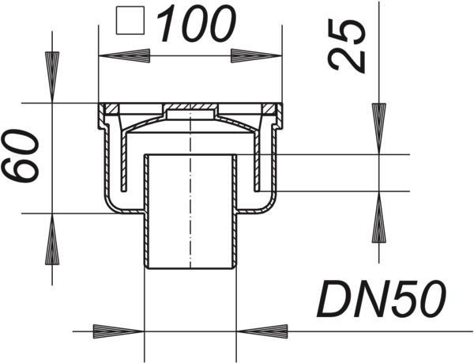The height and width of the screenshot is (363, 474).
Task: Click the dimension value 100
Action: [x=196, y=24]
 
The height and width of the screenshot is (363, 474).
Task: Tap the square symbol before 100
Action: [x=130, y=21]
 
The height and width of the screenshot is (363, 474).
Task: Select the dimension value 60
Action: [x=21, y=156]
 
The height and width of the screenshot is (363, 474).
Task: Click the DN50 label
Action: [x=382, y=299]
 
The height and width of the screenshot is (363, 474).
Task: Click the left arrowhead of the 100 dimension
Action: [x=125, y=55]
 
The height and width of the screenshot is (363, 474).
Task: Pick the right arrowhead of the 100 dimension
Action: [x=256, y=55]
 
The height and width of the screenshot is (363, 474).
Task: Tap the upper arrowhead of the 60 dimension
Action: [x=52, y=78]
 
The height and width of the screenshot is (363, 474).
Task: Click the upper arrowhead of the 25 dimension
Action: [x=379, y=129]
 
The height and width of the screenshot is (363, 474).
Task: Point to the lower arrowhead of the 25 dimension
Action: [x=379, y=217]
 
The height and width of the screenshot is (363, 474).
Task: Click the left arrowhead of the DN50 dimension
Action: [x=118, y=331]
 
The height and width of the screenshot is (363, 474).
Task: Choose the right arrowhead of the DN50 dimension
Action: [x=261, y=331]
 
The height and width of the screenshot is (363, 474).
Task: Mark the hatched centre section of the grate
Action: [x=190, y=107]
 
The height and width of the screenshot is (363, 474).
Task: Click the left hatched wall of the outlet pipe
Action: [x=147, y=211]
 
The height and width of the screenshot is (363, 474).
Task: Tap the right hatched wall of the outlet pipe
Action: [x=234, y=211]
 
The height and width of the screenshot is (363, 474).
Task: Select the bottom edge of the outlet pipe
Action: [x=190, y=268]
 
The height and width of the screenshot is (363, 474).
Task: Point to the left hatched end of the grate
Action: [x=111, y=108]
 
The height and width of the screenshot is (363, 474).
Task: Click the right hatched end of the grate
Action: [x=269, y=108]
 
